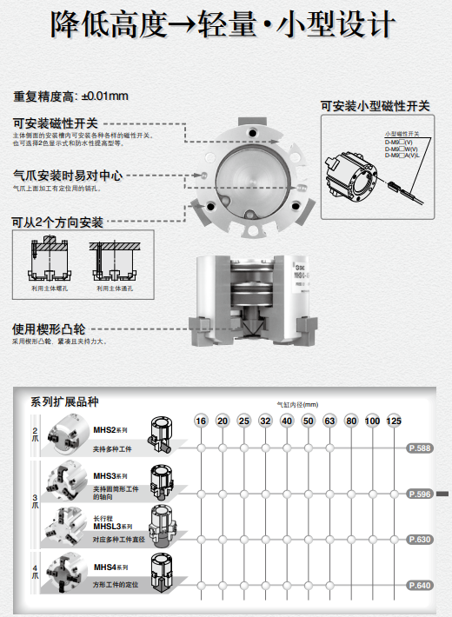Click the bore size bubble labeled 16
point(201,421)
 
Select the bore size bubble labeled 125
point(393,421)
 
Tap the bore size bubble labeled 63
point(329,421)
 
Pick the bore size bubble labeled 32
point(265,421)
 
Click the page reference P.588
point(420,448)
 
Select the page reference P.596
point(420,494)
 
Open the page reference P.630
point(420,540)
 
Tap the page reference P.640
point(420,586)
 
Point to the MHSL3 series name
point(113,526)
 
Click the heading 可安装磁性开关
point(56,123)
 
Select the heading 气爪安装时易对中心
point(67,176)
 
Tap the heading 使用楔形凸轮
point(50,330)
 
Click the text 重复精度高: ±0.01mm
point(71,96)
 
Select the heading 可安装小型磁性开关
point(376,106)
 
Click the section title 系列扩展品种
point(64,401)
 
